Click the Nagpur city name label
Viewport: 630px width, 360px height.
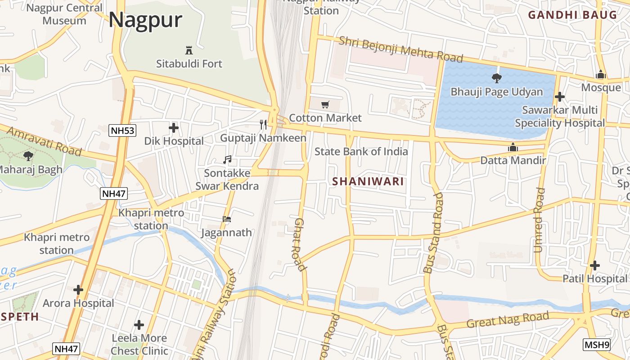pyautogui.click(x=145, y=20)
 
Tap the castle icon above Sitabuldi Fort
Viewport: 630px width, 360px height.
pyautogui.click(x=189, y=50)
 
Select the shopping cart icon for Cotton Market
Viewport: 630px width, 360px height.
pyautogui.click(x=325, y=105)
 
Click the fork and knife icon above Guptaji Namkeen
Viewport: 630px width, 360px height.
pyautogui.click(x=263, y=124)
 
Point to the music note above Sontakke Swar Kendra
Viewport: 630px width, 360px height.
pyautogui.click(x=227, y=160)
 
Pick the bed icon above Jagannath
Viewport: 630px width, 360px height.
pyautogui.click(x=227, y=220)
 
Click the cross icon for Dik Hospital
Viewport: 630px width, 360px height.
pyautogui.click(x=174, y=128)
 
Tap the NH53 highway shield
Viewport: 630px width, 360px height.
pyautogui.click(x=122, y=130)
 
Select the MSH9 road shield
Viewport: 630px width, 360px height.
pyautogui.click(x=597, y=345)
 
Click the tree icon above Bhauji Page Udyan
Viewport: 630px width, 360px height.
pyautogui.click(x=497, y=78)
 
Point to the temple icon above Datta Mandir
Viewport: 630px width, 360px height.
pyautogui.click(x=513, y=147)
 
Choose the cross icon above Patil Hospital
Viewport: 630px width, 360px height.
pyautogui.click(x=595, y=265)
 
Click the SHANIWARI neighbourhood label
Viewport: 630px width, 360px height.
pyautogui.click(x=368, y=182)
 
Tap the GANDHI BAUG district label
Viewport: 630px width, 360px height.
pyautogui.click(x=572, y=15)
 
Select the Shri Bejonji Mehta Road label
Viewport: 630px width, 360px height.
pyautogui.click(x=400, y=49)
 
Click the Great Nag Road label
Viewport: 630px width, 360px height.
pyautogui.click(x=508, y=320)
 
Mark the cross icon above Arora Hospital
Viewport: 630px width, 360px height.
pyautogui.click(x=78, y=290)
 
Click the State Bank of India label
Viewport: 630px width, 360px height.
pyautogui.click(x=361, y=152)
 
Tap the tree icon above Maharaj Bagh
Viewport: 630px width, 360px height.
pyautogui.click(x=28, y=156)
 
